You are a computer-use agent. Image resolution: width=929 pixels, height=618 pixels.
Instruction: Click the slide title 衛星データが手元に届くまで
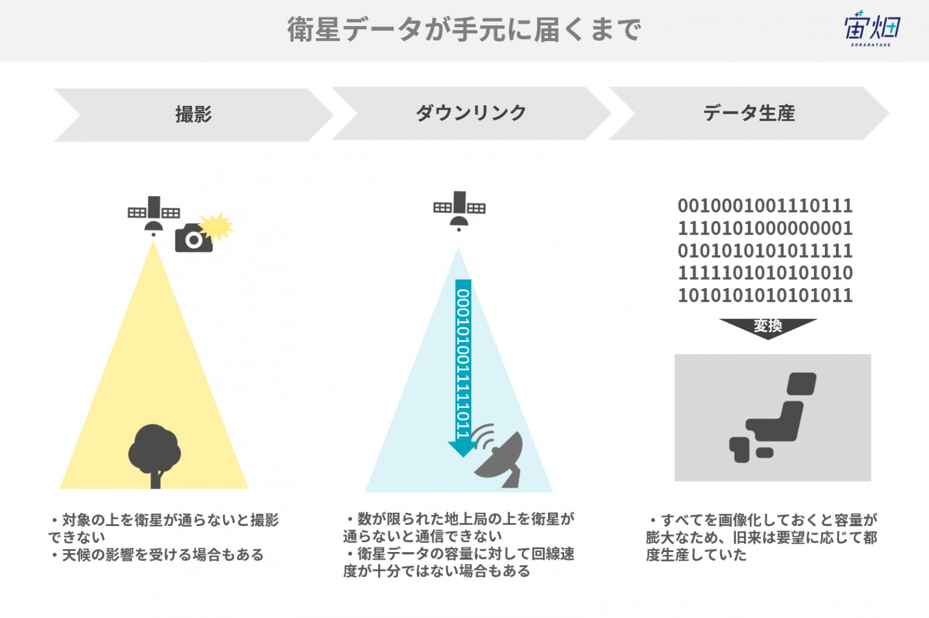click(464, 30)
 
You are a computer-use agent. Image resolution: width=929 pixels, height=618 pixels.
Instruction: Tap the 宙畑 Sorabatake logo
click(872, 28)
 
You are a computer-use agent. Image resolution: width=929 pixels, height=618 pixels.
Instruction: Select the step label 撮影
click(194, 114)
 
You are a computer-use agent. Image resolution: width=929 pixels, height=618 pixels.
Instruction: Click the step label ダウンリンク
click(471, 113)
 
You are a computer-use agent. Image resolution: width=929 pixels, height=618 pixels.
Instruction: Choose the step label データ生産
click(749, 113)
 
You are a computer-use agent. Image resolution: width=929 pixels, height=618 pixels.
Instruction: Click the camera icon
click(194, 238)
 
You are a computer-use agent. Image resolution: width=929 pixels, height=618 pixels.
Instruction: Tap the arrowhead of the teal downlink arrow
click(463, 449)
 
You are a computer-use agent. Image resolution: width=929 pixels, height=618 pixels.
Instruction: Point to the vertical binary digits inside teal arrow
click(463, 364)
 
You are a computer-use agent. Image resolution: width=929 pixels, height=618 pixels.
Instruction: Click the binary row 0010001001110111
click(765, 206)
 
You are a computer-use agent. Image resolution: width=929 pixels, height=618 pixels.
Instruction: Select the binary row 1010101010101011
click(765, 295)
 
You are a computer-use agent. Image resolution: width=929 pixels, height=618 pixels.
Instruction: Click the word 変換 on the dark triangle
click(768, 326)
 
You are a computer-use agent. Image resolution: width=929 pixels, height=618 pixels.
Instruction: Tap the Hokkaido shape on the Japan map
click(801, 384)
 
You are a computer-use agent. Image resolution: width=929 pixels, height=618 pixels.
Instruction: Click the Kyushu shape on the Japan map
click(740, 450)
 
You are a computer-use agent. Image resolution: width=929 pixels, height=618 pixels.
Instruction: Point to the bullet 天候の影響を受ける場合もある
click(156, 554)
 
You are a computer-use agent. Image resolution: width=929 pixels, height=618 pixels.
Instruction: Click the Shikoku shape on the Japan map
click(764, 452)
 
